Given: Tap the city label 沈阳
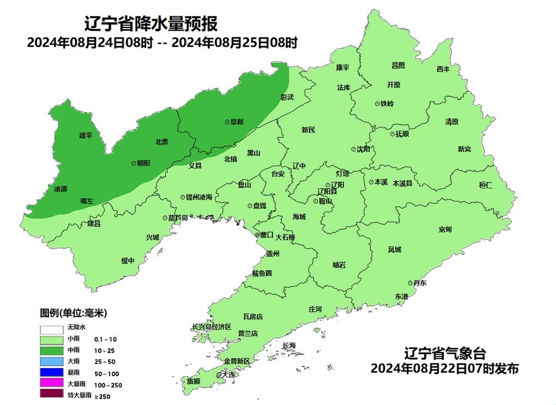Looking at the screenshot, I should pyautogui.click(x=363, y=149).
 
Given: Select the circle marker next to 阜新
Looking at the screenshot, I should pyautogui.click(x=227, y=122).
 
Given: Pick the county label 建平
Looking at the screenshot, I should pyautogui.click(x=85, y=135).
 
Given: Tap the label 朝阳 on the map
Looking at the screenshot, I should pyautogui.click(x=143, y=163).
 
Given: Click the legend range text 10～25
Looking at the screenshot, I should pyautogui.click(x=106, y=350).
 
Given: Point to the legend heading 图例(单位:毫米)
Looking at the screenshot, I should pyautogui.click(x=74, y=313).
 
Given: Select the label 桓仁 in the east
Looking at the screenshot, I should pyautogui.click(x=485, y=185).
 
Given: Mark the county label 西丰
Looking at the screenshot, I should pyautogui.click(x=443, y=69).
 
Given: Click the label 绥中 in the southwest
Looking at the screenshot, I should pyautogui.click(x=128, y=261).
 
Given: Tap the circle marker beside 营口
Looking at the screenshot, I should pyautogui.click(x=257, y=236).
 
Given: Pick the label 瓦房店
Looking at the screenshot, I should pyautogui.click(x=253, y=317).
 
